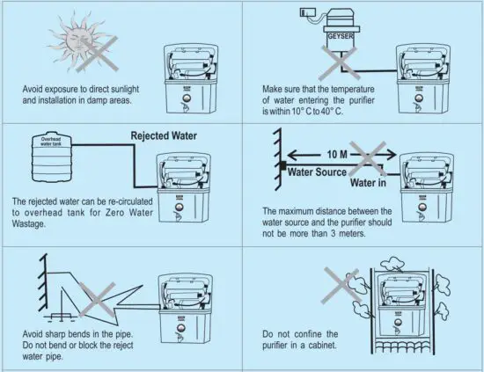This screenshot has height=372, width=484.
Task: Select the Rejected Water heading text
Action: click(164, 136)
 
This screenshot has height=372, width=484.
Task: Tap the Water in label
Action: click(368, 183)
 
